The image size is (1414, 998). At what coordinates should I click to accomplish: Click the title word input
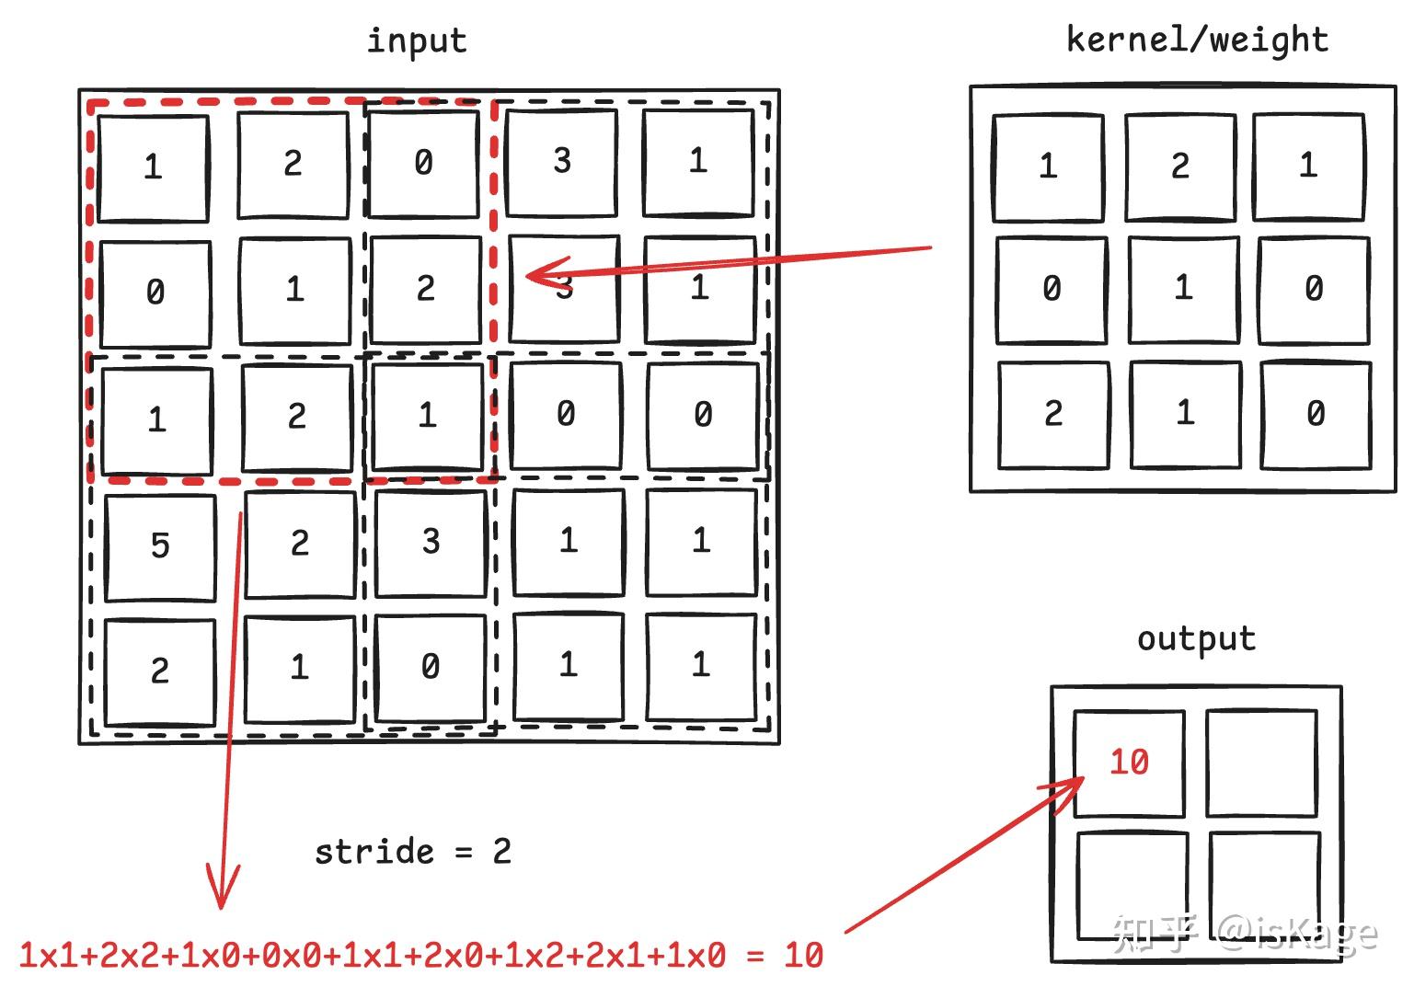tap(417, 41)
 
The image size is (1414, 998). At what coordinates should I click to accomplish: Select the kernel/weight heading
tap(1197, 40)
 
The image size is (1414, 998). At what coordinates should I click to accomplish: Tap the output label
tap(1196, 638)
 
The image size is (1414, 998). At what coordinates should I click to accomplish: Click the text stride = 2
tap(412, 852)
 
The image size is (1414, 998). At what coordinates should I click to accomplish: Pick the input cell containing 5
tap(160, 545)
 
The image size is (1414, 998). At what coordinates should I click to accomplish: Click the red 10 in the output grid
tap(1129, 762)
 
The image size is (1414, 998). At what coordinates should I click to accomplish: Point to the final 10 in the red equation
tap(803, 956)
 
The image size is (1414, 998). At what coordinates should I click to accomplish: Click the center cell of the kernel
tap(1183, 288)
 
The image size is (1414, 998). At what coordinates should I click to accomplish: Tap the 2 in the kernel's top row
tap(1180, 166)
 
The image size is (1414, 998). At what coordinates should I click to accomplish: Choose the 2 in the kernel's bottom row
tap(1053, 413)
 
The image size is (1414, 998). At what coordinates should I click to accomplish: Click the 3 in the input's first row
tap(562, 161)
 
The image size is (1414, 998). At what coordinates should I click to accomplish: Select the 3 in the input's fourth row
tap(431, 542)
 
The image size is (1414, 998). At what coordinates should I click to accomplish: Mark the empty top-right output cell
tap(1261, 763)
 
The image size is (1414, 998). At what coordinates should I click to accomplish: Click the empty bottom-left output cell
tap(1131, 885)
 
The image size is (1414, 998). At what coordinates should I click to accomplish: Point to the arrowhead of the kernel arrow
tap(529, 274)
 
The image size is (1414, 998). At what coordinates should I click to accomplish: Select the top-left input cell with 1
tap(153, 167)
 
